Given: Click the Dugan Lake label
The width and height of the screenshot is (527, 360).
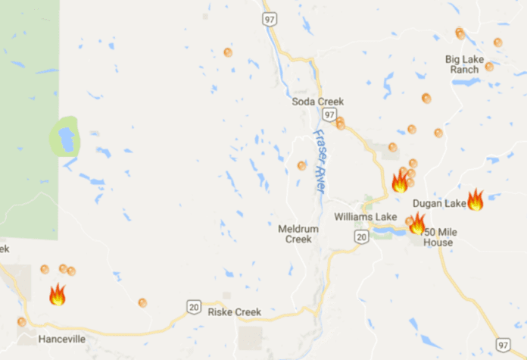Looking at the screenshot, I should pos(438,203).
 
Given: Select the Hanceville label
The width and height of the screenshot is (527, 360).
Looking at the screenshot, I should pos(61,339).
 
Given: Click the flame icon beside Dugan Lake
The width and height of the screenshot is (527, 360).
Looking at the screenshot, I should pos(476,199).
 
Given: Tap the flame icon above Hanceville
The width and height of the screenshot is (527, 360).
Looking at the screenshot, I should pos(57,294).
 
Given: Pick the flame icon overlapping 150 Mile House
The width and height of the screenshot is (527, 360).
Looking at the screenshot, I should pos(417,223).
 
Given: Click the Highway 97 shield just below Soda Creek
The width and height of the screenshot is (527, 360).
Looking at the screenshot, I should pos(327,114).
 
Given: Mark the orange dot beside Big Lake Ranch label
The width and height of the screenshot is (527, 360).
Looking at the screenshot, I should pos(489,67).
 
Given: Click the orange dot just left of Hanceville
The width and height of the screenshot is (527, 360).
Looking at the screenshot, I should pos(21,322).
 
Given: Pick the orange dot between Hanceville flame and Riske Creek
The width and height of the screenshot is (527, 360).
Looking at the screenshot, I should pos(142,302).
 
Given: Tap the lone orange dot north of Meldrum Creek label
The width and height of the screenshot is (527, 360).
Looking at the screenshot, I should pos(301,165).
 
